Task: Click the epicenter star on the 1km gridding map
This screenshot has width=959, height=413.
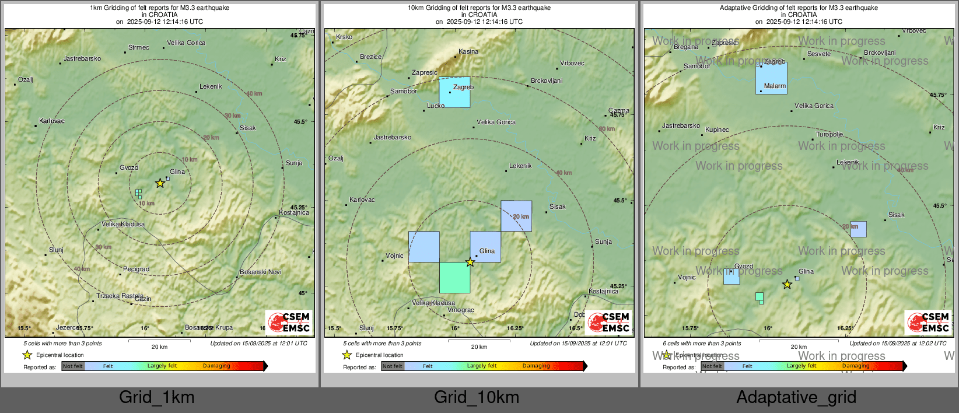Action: [x=160, y=183]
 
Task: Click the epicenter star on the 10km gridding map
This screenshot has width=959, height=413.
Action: [x=470, y=262]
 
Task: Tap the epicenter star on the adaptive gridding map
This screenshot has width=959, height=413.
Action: [x=787, y=285]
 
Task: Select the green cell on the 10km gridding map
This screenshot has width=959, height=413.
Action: [x=454, y=278]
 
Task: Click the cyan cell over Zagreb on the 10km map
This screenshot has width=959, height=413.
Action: [x=454, y=92]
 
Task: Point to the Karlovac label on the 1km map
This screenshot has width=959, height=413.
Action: [x=52, y=121]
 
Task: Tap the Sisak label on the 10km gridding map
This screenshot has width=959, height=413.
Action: [x=557, y=207]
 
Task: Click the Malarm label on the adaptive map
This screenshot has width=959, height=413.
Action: [x=775, y=86]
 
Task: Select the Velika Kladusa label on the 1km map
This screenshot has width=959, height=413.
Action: [x=123, y=224]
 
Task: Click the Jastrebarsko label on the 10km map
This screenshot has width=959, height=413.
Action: [x=393, y=138]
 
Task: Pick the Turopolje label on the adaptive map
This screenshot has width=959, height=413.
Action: [x=829, y=135]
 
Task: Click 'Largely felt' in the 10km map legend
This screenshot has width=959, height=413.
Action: [x=482, y=366]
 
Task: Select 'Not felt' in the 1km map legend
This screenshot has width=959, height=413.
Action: [x=73, y=366]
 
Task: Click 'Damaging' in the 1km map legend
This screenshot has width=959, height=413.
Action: [x=216, y=366]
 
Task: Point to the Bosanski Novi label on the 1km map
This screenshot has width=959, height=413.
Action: [x=260, y=272]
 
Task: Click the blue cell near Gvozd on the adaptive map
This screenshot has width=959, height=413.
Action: [x=731, y=276]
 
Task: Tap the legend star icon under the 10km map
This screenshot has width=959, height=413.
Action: [x=346, y=355]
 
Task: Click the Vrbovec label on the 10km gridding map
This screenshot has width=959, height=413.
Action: [x=572, y=64]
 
